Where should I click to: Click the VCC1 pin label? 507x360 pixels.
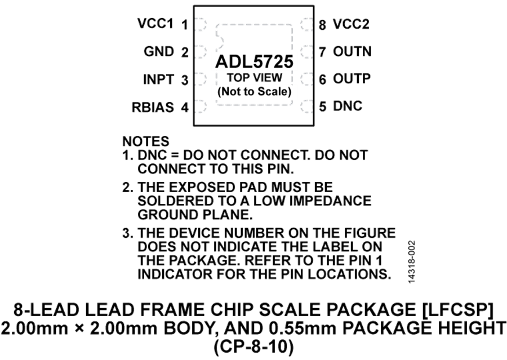(x=154, y=24)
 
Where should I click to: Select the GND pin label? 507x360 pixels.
(x=159, y=51)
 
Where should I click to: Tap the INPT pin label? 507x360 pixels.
(x=158, y=79)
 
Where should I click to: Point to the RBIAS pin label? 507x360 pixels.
(x=153, y=106)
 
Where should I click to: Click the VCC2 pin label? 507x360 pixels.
(x=351, y=24)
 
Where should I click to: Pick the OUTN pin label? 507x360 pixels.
(x=352, y=51)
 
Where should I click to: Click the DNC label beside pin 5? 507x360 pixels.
(x=347, y=105)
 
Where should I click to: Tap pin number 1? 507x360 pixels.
(x=185, y=25)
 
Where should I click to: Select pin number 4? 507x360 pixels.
(x=185, y=106)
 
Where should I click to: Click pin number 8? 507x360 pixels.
(x=322, y=25)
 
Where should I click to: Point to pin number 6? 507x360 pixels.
(x=322, y=79)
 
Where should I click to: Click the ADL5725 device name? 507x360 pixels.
(x=252, y=61)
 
